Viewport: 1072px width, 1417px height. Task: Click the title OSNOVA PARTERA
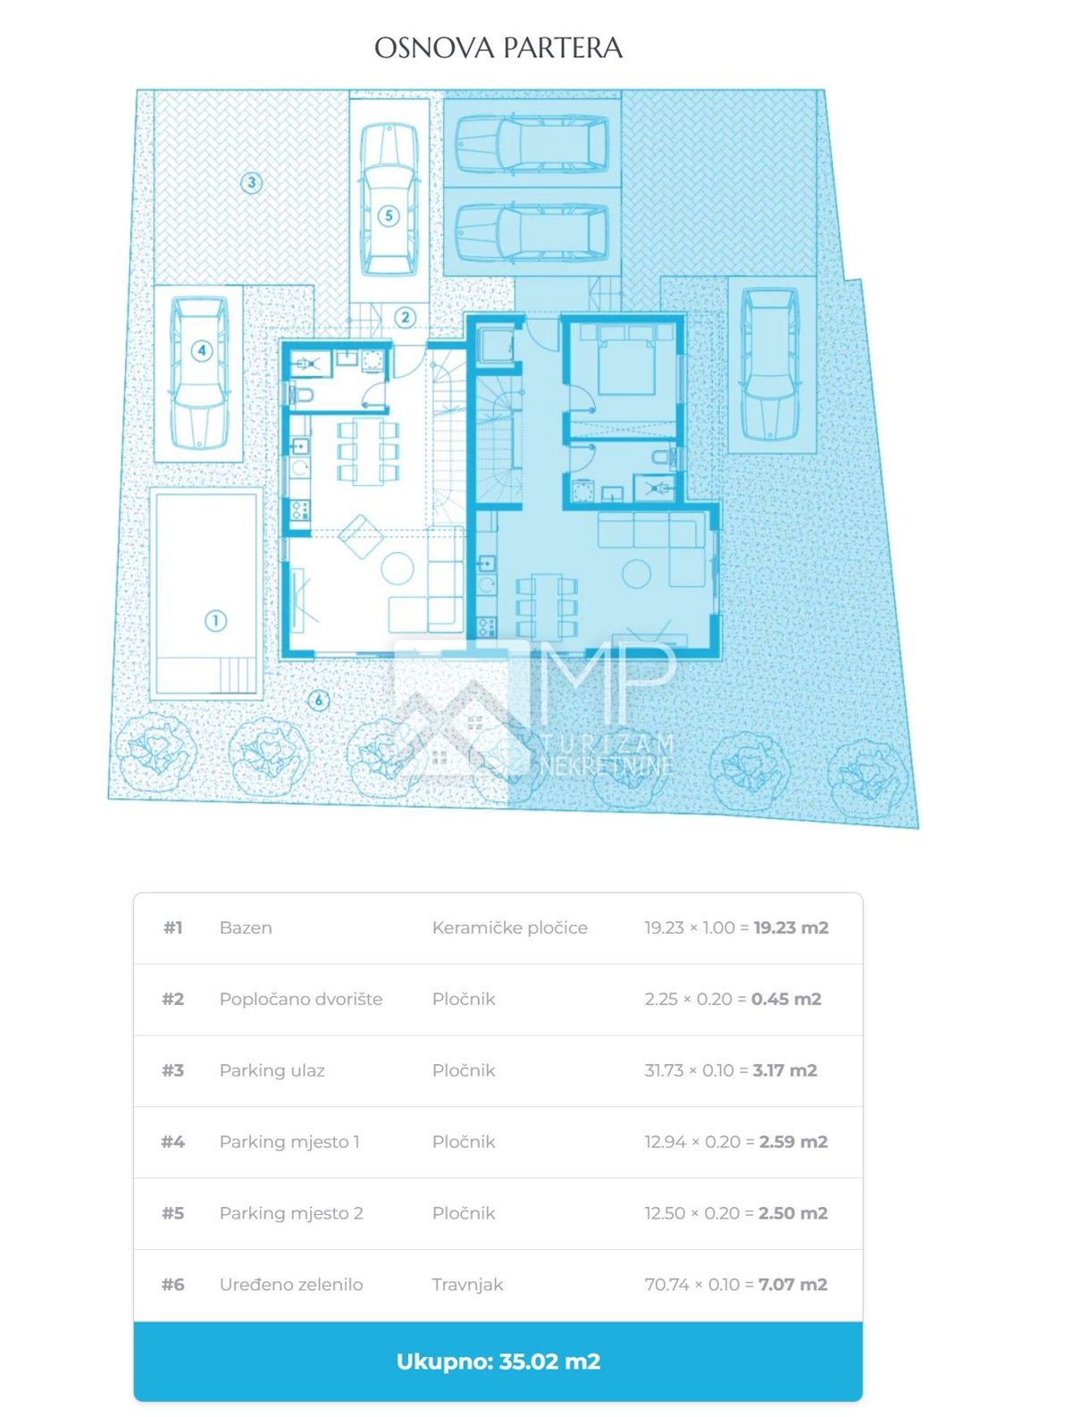(498, 47)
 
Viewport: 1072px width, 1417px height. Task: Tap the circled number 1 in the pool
(215, 621)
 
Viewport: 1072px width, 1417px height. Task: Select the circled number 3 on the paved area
(251, 182)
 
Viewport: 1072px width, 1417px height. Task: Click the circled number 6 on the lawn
(318, 700)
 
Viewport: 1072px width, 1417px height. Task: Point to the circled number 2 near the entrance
(406, 317)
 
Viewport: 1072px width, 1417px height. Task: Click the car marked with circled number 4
(199, 373)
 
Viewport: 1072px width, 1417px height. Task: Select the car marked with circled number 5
(389, 199)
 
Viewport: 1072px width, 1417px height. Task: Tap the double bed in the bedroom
(627, 359)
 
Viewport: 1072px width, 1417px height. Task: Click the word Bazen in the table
(246, 927)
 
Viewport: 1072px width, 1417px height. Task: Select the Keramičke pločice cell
(510, 927)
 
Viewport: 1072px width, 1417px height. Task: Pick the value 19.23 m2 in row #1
(791, 927)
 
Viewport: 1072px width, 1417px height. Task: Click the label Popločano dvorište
(301, 1000)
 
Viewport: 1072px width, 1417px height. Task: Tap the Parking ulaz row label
(272, 1070)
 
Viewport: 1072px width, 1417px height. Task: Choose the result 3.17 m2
(785, 1070)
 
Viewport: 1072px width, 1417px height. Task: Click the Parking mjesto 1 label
(289, 1142)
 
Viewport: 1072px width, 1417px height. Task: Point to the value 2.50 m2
(792, 1213)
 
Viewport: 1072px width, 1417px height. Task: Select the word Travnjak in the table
(467, 1285)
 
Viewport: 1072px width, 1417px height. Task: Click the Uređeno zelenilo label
(291, 1285)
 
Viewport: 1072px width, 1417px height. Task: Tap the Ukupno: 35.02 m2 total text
(498, 1362)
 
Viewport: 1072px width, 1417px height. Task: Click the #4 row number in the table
(173, 1142)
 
